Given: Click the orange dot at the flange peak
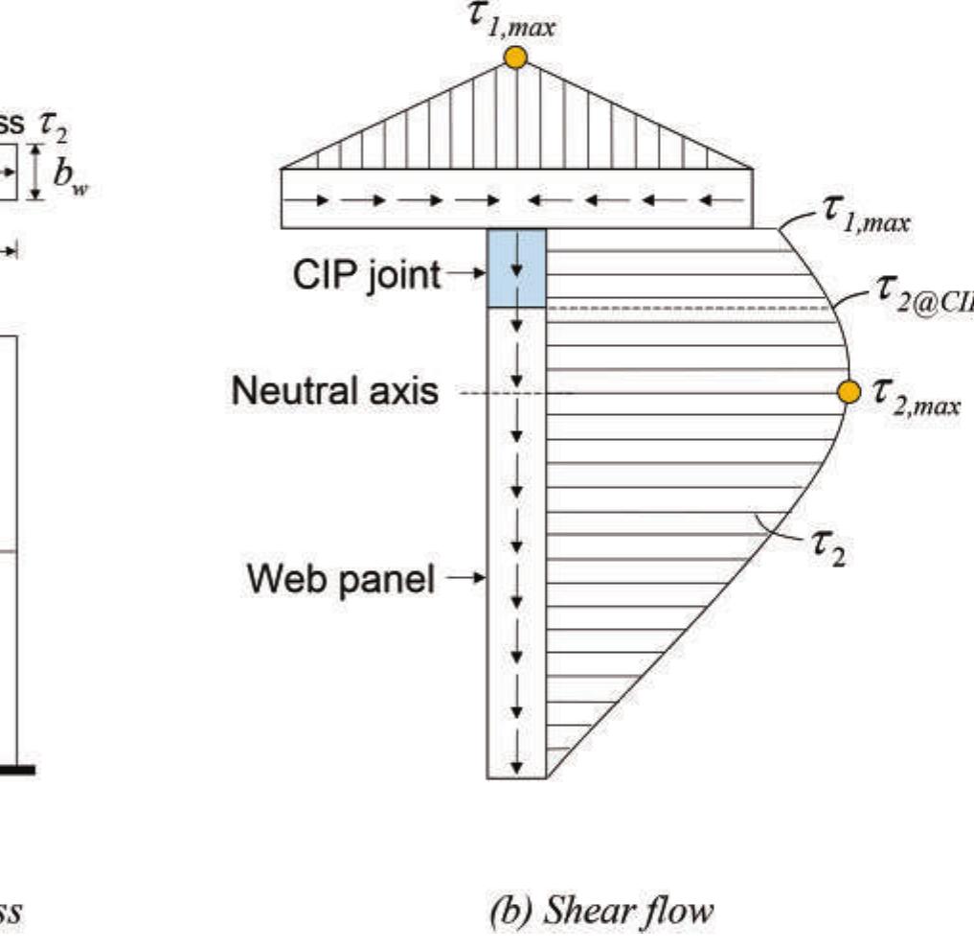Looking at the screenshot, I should coord(515,58).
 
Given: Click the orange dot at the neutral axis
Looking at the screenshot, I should coord(847,391).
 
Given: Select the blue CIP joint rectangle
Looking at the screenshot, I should coord(517,268).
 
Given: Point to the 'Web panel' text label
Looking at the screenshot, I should coord(340,578).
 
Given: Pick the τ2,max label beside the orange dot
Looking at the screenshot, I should coord(915,395).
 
